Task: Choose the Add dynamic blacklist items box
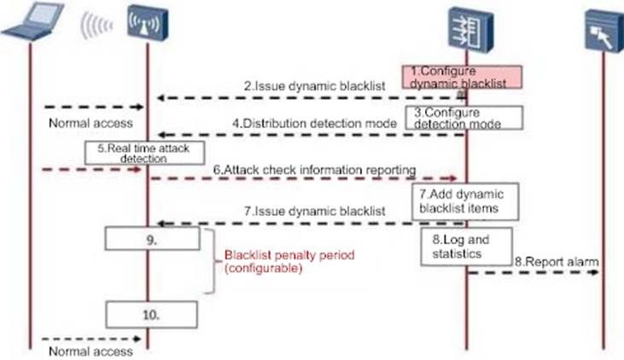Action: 464,200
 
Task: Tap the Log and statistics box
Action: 464,247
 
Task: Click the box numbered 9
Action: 152,240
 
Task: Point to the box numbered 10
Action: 152,315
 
